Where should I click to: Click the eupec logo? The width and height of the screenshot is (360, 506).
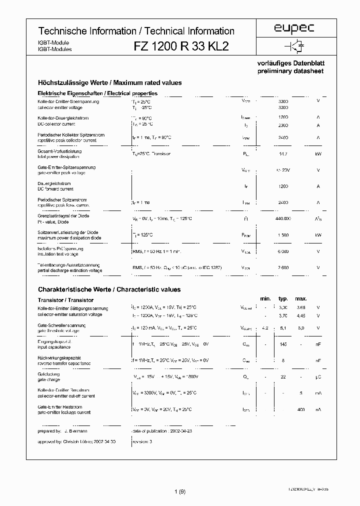(294, 29)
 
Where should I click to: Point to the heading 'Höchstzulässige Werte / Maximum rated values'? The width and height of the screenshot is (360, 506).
(110, 82)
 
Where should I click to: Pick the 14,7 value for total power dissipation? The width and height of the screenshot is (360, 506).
(283, 154)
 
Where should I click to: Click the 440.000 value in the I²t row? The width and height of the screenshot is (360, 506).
(283, 218)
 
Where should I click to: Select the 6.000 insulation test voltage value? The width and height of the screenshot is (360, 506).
(283, 251)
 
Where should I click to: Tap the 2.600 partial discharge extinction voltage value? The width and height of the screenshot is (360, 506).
(283, 267)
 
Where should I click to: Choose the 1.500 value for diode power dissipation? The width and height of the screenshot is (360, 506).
(283, 235)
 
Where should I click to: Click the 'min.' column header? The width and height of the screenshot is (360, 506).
(265, 299)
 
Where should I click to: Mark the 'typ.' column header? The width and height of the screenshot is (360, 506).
(283, 299)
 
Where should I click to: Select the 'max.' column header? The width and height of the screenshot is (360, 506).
(301, 299)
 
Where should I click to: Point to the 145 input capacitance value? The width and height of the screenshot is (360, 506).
(283, 344)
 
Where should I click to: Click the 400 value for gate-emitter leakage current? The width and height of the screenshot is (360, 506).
(301, 409)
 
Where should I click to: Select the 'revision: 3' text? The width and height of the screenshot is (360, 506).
(143, 442)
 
